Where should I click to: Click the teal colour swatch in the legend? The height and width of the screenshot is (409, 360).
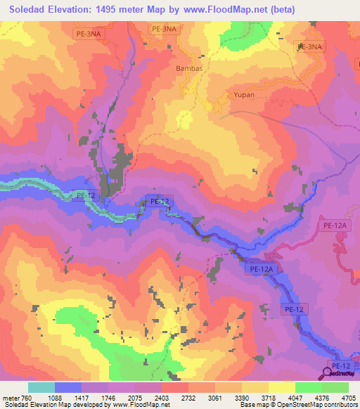click(41, 387)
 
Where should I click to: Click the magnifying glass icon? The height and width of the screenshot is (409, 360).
click(330, 373)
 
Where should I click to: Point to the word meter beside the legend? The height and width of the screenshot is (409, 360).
click(11, 398)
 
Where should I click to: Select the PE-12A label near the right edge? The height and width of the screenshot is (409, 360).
click(337, 225)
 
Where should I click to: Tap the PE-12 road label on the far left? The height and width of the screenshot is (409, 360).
click(84, 195)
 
